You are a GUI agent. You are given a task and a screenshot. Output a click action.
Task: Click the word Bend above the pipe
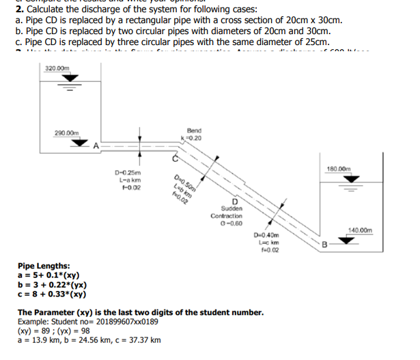click(193, 129)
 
